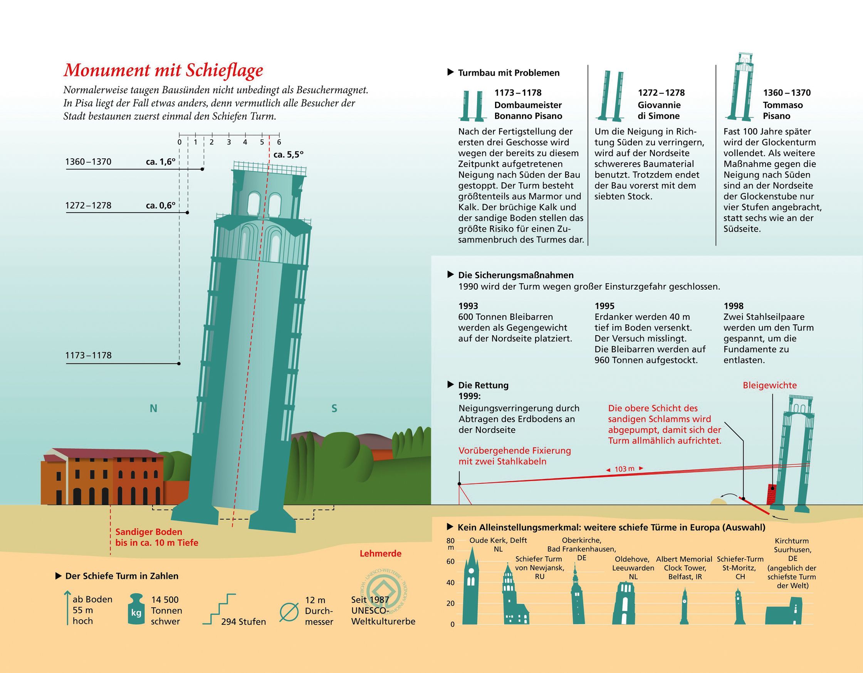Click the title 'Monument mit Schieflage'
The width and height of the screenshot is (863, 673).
point(163,70)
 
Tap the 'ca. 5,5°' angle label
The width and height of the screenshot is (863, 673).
point(289,154)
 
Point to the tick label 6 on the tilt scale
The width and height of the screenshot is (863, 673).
point(279,142)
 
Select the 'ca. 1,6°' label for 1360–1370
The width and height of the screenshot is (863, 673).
point(160,162)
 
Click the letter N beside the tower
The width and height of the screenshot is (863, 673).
point(153,409)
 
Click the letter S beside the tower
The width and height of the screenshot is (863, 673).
point(334,409)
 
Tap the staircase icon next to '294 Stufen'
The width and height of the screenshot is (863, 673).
point(219,609)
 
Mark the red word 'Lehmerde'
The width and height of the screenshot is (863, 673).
point(380,554)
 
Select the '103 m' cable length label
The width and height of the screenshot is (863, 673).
point(625,469)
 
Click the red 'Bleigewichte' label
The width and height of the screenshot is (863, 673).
point(770,385)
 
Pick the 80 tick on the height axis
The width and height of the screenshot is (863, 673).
point(450,540)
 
